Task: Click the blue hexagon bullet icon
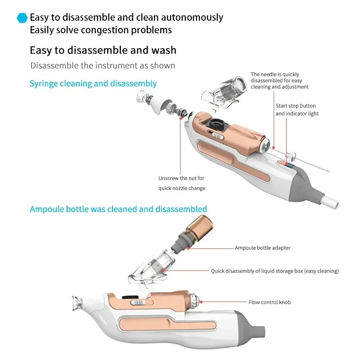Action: click(22, 18)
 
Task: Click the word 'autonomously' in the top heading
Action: click(192, 18)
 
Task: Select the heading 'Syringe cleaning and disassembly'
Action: click(93, 84)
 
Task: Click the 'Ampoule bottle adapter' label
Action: click(263, 248)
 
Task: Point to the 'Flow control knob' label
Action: click(270, 302)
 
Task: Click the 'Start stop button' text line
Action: click(296, 106)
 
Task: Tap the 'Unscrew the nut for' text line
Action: click(181, 178)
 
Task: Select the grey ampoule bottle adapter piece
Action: click(180, 243)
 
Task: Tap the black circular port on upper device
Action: click(216, 124)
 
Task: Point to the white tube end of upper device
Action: click(329, 202)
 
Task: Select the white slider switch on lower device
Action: click(138, 303)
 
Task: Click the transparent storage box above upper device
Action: click(223, 92)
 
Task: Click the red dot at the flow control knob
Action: click(201, 302)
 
